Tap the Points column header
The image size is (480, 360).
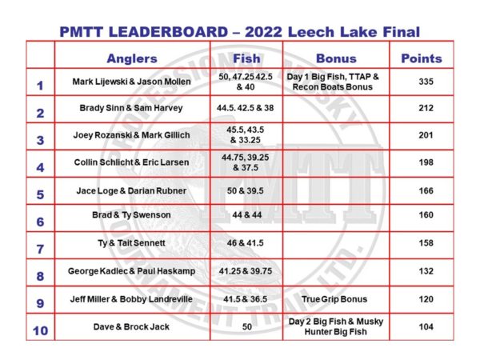pyautogui.click(x=421, y=58)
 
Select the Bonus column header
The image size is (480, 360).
pyautogui.click(x=336, y=58)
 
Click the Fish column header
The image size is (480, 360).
pyautogui.click(x=246, y=58)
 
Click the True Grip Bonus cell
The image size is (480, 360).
pyautogui.click(x=336, y=300)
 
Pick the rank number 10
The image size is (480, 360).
pyautogui.click(x=40, y=329)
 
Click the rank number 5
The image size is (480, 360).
pyautogui.click(x=40, y=193)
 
